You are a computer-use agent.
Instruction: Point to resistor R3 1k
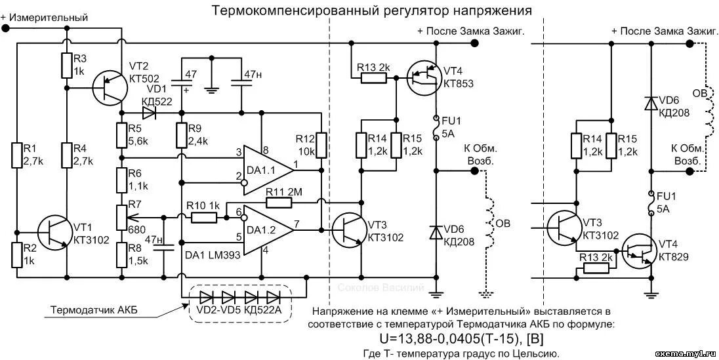pyautogui.click(x=66, y=65)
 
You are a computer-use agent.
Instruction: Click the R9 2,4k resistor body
pyautogui.click(x=181, y=137)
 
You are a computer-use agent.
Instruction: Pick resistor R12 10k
pyautogui.click(x=320, y=145)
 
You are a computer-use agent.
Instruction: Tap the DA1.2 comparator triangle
pyautogui.click(x=266, y=230)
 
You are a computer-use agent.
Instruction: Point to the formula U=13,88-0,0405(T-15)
pyautogui.click(x=462, y=338)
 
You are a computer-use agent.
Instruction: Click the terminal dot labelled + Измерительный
pyautogui.click(x=5, y=29)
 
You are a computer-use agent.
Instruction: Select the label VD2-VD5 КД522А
pyautogui.click(x=239, y=310)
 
